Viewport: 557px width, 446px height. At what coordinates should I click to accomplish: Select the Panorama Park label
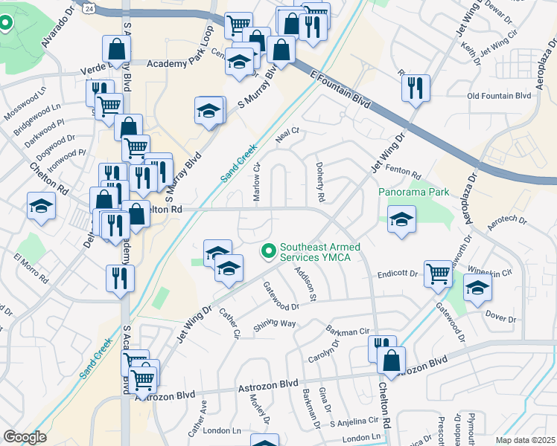point(413,193)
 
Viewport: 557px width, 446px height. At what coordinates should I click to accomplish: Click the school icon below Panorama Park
point(401,219)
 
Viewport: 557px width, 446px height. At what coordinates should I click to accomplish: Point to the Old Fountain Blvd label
point(498,96)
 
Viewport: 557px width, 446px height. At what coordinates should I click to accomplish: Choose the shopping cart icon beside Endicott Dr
point(439,273)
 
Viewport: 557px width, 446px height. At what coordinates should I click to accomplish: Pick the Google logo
point(25,437)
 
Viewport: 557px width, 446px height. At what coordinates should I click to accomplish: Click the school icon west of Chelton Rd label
point(40,207)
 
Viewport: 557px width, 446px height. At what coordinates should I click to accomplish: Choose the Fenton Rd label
point(405,172)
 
